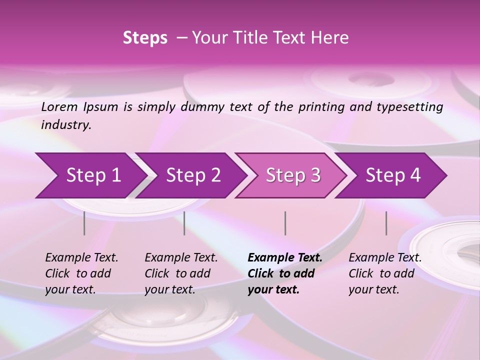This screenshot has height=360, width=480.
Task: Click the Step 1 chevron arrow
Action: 90,175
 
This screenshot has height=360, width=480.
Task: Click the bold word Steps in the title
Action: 145,38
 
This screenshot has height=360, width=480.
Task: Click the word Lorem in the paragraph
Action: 59,107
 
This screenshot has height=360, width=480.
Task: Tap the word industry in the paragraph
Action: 66,125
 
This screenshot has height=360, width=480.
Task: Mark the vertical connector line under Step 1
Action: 84,223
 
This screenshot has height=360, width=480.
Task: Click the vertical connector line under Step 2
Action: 184,223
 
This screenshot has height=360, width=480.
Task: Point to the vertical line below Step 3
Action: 285,223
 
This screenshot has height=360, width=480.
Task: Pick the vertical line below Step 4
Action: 386,223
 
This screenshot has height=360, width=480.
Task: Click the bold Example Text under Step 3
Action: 285,258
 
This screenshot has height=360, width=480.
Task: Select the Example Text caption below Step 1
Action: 81,258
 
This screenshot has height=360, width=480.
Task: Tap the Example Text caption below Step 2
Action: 181,258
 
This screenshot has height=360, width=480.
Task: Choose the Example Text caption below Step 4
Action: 385,258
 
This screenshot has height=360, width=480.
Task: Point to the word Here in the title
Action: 332,38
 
